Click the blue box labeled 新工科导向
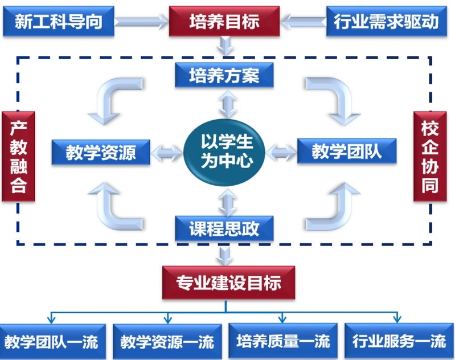(58, 21)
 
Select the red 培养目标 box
(224, 21)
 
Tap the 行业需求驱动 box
(387, 21)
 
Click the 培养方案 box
(224, 75)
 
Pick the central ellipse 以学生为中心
(224, 152)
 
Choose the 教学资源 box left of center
(101, 152)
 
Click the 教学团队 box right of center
(347, 151)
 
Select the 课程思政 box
(224, 228)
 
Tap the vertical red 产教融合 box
(18, 156)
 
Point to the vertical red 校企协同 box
(430, 156)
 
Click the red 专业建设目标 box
(228, 283)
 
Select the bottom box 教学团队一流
(52, 342)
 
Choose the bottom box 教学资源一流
(167, 342)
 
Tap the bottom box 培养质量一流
(283, 341)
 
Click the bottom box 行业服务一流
(399, 341)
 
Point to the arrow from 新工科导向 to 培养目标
(141, 22)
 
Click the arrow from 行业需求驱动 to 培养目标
(303, 22)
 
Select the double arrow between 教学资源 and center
(167, 153)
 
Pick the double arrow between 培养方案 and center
(228, 103)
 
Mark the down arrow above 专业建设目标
(225, 256)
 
